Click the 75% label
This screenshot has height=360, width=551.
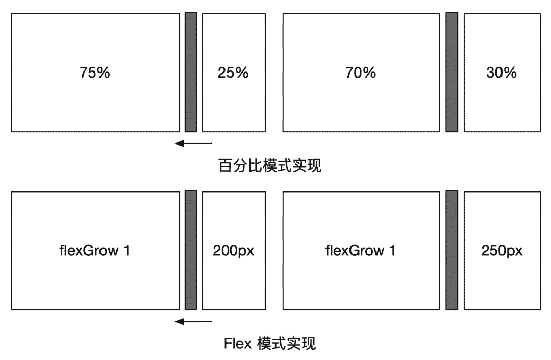click(95, 73)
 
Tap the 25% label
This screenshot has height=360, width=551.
click(233, 73)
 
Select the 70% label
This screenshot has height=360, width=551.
click(361, 73)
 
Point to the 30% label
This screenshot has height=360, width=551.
click(502, 73)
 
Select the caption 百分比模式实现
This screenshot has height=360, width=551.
click(270, 165)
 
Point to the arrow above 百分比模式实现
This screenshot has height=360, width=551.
click(193, 143)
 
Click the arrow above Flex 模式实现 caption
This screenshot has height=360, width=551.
click(193, 321)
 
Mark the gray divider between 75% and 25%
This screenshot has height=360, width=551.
click(191, 73)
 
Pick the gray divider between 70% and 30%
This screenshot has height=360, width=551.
click(452, 73)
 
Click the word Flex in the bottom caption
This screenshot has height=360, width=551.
click(238, 343)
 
